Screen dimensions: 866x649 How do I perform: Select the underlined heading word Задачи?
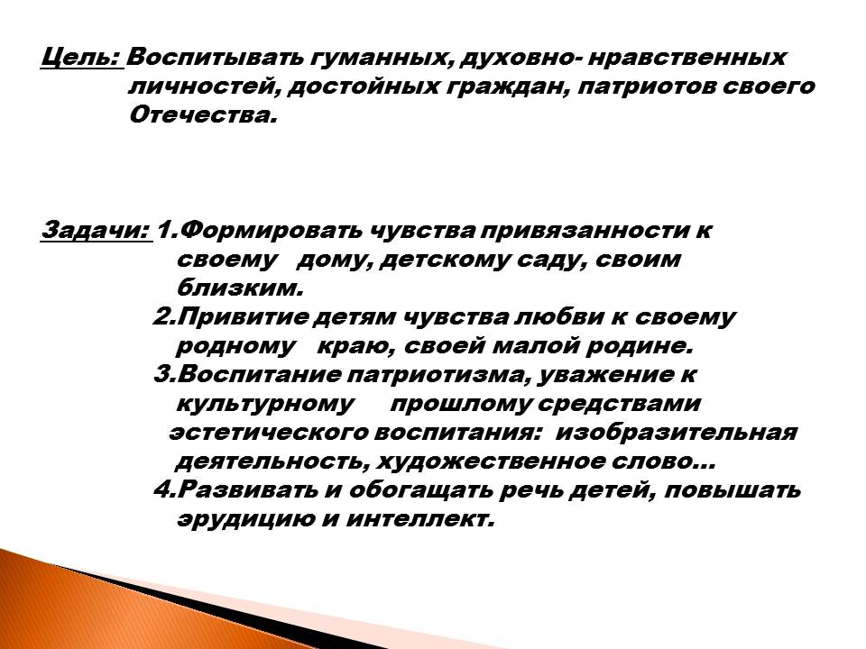pos(97,230)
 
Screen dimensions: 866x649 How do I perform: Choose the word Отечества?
pos(202,116)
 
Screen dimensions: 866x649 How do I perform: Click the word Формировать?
pos(271,231)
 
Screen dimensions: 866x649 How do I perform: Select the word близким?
pos(240,288)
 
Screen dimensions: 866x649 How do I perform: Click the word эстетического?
pos(268,432)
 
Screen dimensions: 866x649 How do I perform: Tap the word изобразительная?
pos(676,432)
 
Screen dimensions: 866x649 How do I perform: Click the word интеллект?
pos(419,519)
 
